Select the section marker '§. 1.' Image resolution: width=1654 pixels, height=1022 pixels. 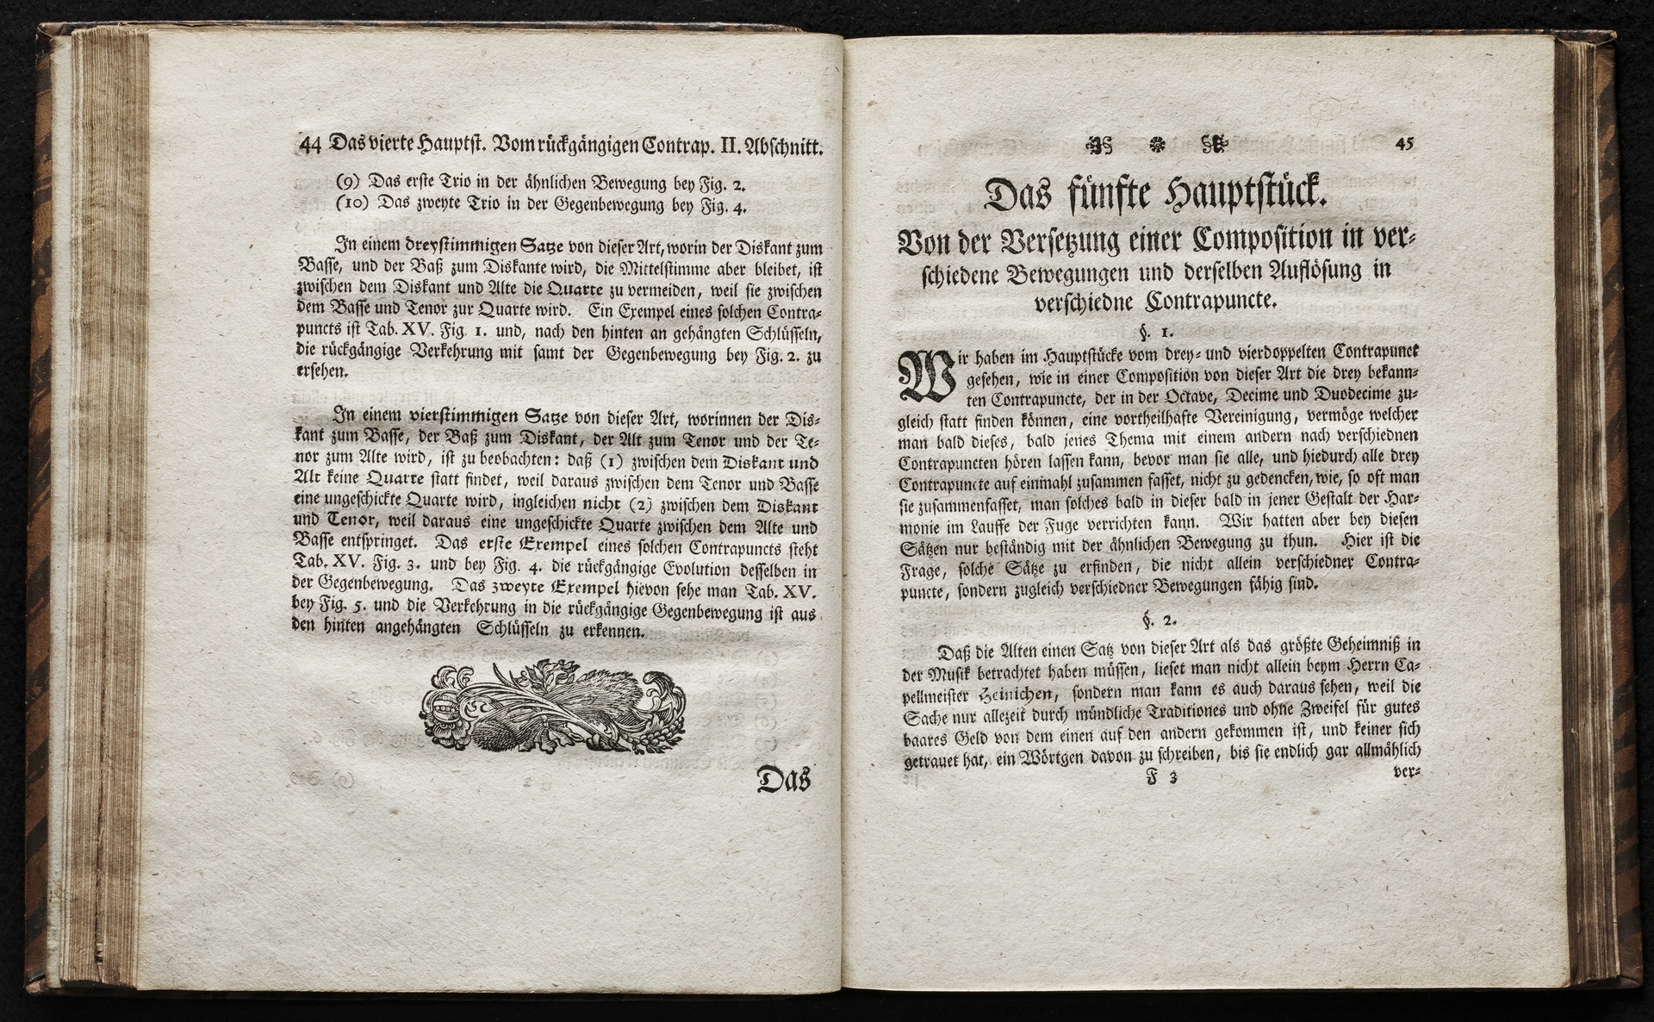1153,329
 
